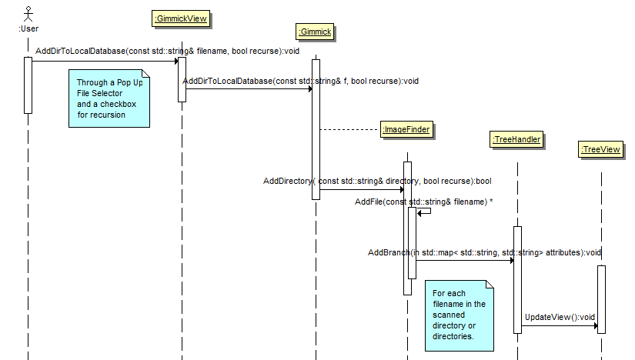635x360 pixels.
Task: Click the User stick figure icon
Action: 28,13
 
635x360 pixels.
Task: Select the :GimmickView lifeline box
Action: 182,18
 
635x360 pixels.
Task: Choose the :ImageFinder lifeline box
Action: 406,130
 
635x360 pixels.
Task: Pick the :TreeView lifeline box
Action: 601,150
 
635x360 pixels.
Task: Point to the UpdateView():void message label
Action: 560,316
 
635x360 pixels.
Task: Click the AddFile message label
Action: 424,202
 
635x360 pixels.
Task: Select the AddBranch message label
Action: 484,252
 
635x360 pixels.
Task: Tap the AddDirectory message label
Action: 377,181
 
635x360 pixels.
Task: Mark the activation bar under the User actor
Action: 28,85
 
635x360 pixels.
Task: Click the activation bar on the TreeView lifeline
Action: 601,299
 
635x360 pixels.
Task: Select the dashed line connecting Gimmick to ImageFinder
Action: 349,130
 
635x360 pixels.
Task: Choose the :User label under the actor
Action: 28,28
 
